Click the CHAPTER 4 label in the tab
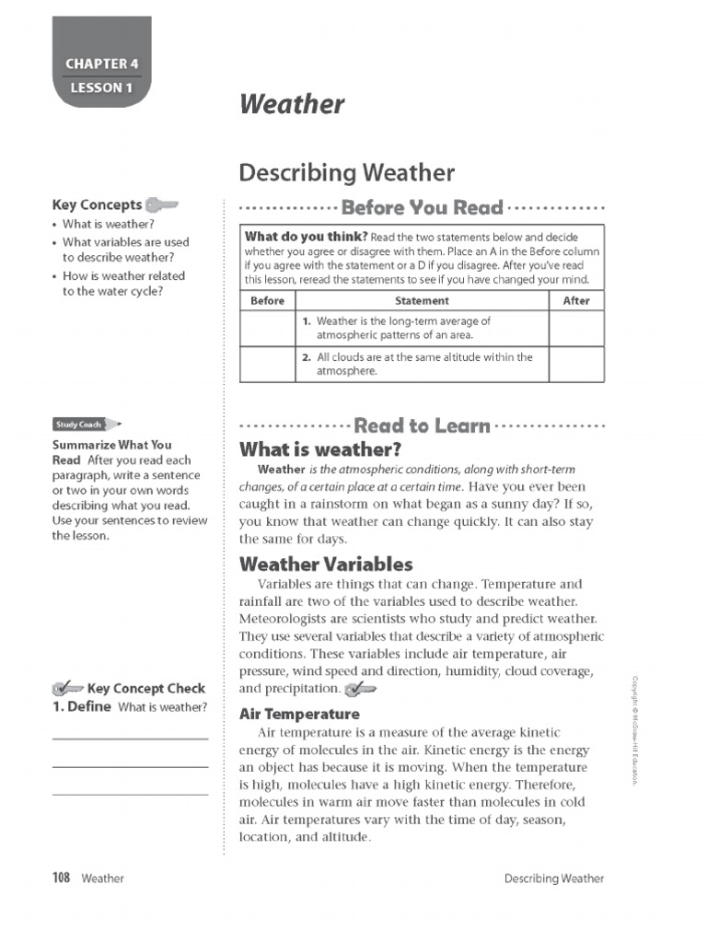click(x=101, y=64)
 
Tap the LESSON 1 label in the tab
click(x=101, y=88)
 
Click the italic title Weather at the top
click(x=292, y=104)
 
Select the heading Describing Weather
click(x=346, y=172)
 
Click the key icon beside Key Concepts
click(x=161, y=204)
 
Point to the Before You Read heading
click(x=422, y=207)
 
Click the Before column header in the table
click(x=267, y=301)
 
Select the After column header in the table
click(x=575, y=301)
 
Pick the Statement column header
click(x=422, y=301)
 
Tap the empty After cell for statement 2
click(x=575, y=364)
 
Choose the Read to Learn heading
click(x=422, y=425)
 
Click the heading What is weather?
click(x=319, y=450)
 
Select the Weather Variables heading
click(x=326, y=565)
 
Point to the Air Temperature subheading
click(x=299, y=714)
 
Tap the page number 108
click(x=62, y=878)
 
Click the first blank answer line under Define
click(x=130, y=738)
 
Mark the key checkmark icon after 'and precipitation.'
click(x=360, y=689)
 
